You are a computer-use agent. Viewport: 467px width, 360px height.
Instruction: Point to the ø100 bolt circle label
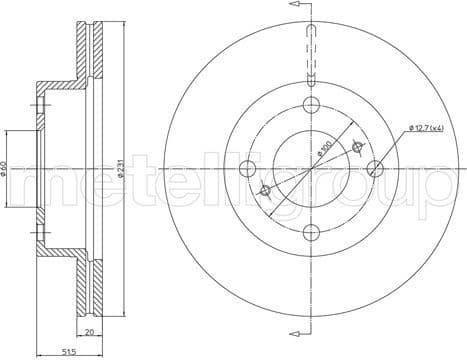[326, 148]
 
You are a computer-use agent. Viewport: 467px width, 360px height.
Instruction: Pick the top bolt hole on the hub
[311, 106]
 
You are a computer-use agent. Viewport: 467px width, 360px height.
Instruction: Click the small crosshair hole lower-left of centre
[265, 192]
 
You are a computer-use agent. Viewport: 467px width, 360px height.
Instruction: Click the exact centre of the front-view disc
[311, 168]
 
